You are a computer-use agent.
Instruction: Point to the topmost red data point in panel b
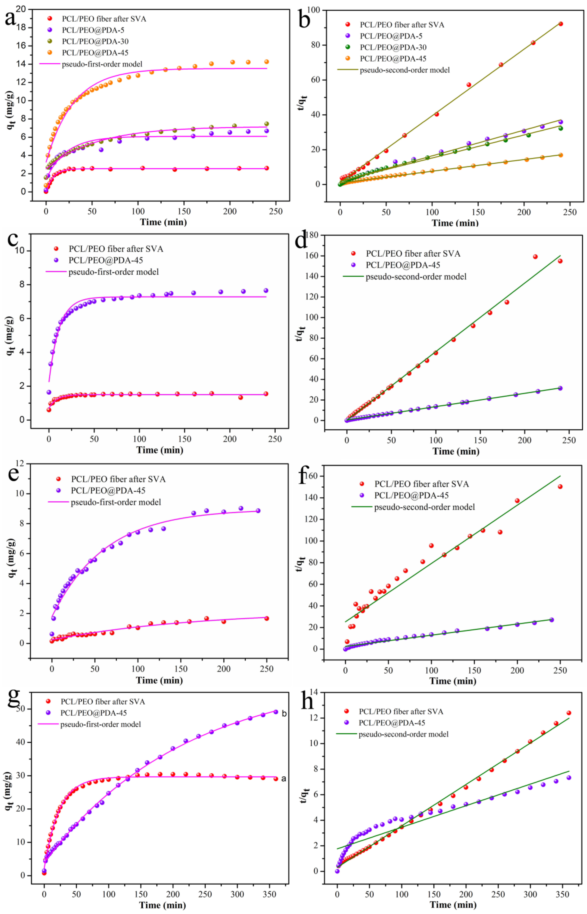click(x=560, y=24)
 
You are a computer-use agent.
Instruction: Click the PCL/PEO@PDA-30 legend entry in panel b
click(x=393, y=47)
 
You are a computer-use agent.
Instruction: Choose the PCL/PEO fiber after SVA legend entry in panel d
click(x=413, y=254)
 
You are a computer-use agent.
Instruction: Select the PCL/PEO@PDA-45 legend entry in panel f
click(x=411, y=496)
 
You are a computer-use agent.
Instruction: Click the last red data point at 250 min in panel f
click(x=560, y=487)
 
